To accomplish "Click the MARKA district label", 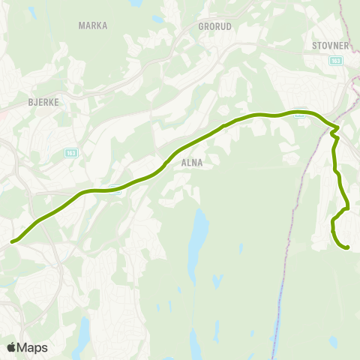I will (x=93, y=25).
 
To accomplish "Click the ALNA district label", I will (x=192, y=161).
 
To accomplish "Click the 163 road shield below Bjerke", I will (x=71, y=152).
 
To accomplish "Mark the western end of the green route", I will (x=12, y=242).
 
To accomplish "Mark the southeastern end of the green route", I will (x=347, y=247).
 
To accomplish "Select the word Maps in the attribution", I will (x=32, y=347).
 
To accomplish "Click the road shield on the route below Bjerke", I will (x=114, y=188).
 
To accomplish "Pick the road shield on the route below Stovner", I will (x=299, y=111).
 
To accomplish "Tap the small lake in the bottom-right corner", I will (x=332, y=342).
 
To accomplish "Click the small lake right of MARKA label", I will (x=157, y=19).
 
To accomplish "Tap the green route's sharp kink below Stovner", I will (x=334, y=134).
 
